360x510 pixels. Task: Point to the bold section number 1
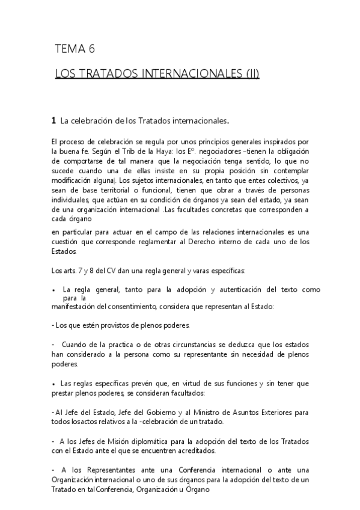point(54,121)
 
